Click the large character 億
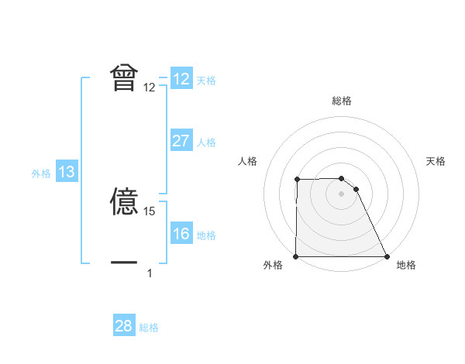coord(124,204)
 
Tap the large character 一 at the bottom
coord(124,263)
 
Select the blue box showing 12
coord(181,79)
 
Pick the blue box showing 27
coord(181,141)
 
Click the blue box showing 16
coord(181,234)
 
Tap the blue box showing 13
coord(66,172)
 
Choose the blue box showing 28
coord(123,326)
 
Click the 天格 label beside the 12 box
coord(206,81)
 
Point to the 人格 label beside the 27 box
coord(206,143)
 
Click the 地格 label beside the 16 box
coord(206,235)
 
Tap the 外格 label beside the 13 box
coord(41,173)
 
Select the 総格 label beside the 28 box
coord(149,328)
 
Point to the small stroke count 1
coord(150,273)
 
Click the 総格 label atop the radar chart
coord(342,101)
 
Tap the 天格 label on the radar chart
coord(436,161)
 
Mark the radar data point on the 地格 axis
coord(386,256)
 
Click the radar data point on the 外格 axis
coord(296,256)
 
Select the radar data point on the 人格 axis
coord(297,180)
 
